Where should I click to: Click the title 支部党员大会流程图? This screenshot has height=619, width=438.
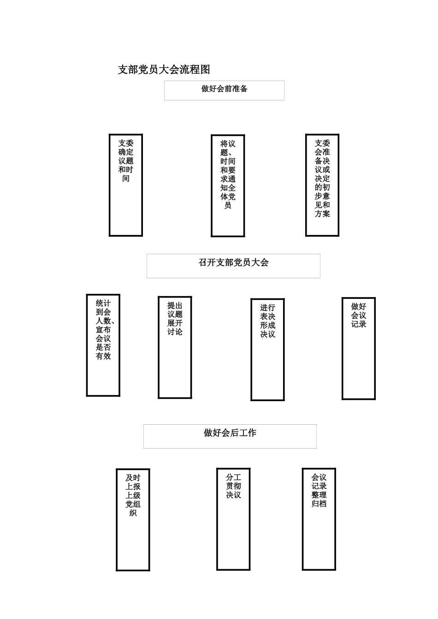point(164,70)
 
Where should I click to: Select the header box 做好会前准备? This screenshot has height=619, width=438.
point(224,90)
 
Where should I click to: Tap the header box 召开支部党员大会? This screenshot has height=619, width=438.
point(233,266)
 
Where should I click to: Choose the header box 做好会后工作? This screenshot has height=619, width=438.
point(230,436)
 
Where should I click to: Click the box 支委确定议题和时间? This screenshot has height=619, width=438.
point(125,185)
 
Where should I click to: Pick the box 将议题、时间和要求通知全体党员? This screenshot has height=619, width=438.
point(228,186)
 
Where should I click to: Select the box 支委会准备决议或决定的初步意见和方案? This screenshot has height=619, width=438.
point(322,185)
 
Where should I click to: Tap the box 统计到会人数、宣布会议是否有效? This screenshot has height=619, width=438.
point(103,345)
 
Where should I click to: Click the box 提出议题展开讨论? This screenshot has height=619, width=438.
point(175,347)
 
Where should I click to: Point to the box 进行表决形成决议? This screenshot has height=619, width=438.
point(267,350)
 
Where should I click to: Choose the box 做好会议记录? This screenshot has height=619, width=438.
point(358,348)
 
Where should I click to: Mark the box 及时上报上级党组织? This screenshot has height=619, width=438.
point(133,520)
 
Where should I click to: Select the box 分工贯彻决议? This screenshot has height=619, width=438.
point(233,519)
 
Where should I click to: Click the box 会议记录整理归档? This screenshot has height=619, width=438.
point(319,519)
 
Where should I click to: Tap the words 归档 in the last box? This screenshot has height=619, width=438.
point(319,503)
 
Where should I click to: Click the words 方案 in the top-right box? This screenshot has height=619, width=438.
point(322,214)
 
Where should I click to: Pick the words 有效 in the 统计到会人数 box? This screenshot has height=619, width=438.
point(103,356)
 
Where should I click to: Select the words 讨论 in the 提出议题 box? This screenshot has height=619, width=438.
point(175,332)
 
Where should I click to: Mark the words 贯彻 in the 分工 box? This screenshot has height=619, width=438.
point(233,486)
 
